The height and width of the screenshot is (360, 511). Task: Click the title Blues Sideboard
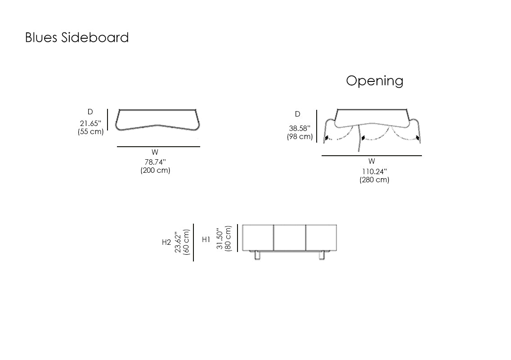tap(77, 37)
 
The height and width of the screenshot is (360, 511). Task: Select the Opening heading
tap(375, 81)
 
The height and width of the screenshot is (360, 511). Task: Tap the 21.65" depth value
tap(90, 124)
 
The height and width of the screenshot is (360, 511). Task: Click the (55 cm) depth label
tap(90, 132)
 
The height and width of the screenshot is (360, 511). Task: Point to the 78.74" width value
tap(156, 162)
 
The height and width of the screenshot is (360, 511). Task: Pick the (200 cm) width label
tap(156, 170)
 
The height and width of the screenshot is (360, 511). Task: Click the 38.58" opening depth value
tap(300, 129)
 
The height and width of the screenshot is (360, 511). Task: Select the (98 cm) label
tap(300, 137)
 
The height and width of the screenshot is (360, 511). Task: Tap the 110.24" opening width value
tap(374, 171)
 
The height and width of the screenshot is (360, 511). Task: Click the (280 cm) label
tap(374, 180)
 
